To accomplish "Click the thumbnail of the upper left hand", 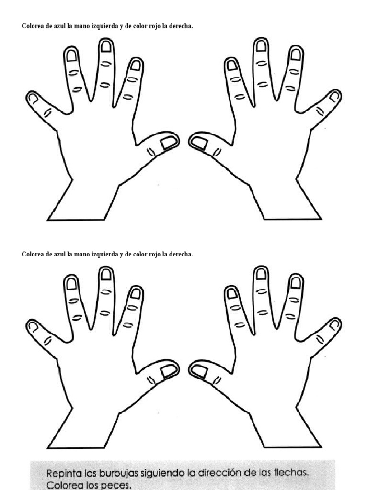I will pyautogui.click(x=167, y=143).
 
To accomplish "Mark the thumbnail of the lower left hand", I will pyautogui.click(x=167, y=370).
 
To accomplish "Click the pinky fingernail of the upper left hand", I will pyautogui.click(x=33, y=98).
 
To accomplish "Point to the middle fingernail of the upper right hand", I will pyautogui.click(x=261, y=46).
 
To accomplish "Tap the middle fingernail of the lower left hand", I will pyautogui.click(x=106, y=274).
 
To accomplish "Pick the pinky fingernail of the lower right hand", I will pyautogui.click(x=334, y=325).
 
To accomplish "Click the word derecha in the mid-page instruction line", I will pyautogui.click(x=181, y=254).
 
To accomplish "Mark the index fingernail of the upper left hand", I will pyautogui.click(x=136, y=65).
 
